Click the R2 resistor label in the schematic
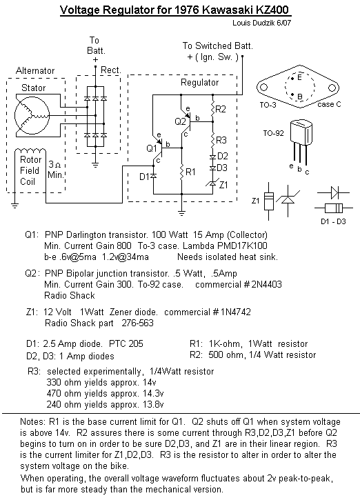(x=221, y=110)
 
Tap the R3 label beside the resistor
(x=221, y=140)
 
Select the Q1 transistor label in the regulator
(x=152, y=148)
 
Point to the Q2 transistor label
(x=180, y=121)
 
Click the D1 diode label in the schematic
(x=144, y=177)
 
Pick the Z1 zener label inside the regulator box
(x=223, y=185)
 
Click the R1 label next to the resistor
(x=190, y=172)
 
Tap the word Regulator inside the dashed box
(x=199, y=83)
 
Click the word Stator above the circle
(x=34, y=88)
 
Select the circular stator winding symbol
(x=32, y=115)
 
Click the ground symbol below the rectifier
(x=95, y=165)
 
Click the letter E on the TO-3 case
(x=299, y=77)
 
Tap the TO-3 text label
(x=268, y=105)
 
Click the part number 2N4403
(x=267, y=284)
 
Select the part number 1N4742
(x=236, y=312)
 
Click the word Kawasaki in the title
(x=228, y=10)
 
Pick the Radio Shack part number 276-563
(x=138, y=323)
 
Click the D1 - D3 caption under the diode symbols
(x=333, y=221)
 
